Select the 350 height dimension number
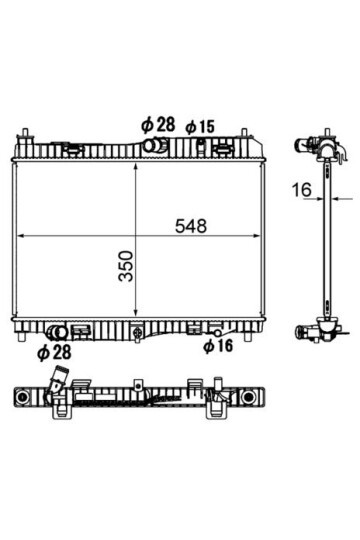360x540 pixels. (x=127, y=265)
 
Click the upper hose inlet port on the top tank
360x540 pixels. (x=153, y=146)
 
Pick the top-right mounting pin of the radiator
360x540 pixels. (x=241, y=138)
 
